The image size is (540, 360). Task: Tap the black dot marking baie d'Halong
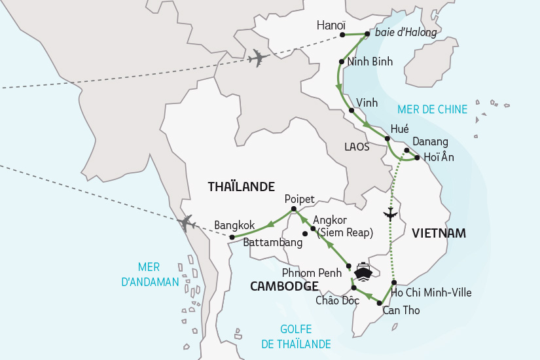pyautogui.click(x=367, y=34)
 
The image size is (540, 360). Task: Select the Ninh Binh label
pyautogui.click(x=370, y=62)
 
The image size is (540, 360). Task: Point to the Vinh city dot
pyautogui.click(x=352, y=111)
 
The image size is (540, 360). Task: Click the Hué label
pyautogui.click(x=399, y=129)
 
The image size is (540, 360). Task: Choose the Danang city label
pyautogui.click(x=430, y=142)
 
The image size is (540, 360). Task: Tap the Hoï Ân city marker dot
pyautogui.click(x=417, y=157)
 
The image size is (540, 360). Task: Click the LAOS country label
pyautogui.click(x=357, y=147)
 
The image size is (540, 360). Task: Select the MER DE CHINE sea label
pyautogui.click(x=433, y=109)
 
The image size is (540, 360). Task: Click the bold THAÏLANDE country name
pyautogui.click(x=241, y=187)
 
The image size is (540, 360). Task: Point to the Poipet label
pyautogui.click(x=300, y=199)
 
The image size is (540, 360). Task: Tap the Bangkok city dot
pyautogui.click(x=232, y=237)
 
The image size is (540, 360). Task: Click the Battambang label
pyautogui.click(x=272, y=243)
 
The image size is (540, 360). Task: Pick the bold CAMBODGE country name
pyautogui.click(x=284, y=286)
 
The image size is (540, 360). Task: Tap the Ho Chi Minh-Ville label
pyautogui.click(x=435, y=293)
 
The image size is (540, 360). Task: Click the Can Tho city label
pyautogui.click(x=401, y=310)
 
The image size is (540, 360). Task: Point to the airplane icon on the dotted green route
pyautogui.click(x=391, y=213)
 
